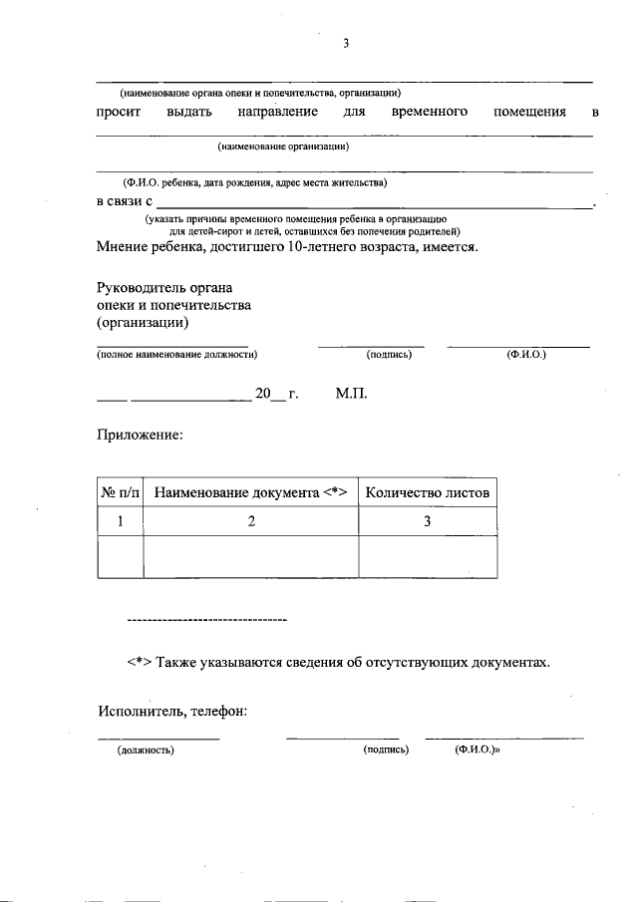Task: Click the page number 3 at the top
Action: [346, 43]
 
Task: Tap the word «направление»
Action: [278, 112]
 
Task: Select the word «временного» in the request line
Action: [430, 112]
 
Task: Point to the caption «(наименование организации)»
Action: [282, 147]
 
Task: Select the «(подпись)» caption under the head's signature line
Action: [389, 354]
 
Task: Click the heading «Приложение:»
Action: [140, 436]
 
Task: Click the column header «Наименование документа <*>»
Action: [250, 492]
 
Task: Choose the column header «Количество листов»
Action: [428, 492]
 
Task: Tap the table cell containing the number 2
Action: [251, 521]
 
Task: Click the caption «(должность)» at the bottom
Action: [146, 751]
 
